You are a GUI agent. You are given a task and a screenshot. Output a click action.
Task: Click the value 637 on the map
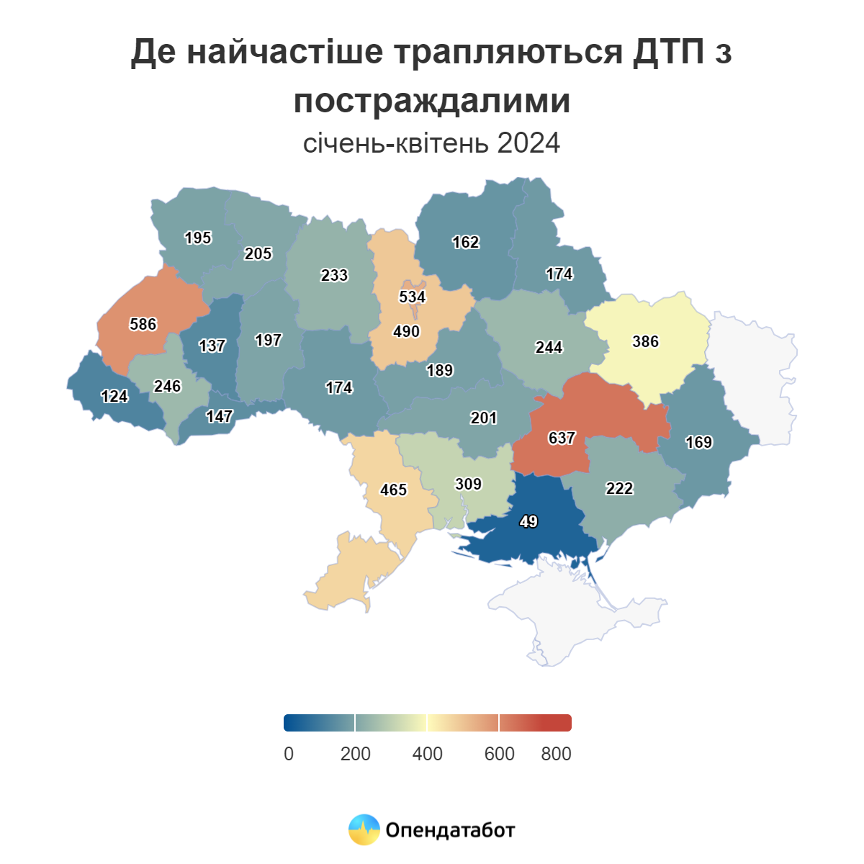coord(562,438)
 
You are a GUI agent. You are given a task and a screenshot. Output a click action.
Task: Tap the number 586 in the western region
coord(143,324)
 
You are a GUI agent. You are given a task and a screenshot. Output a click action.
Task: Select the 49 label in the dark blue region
coord(528,521)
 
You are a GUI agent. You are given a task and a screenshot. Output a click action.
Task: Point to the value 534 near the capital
coord(413,297)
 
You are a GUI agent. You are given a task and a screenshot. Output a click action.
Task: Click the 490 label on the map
coord(406,331)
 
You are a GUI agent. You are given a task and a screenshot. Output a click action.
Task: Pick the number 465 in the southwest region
coord(394,490)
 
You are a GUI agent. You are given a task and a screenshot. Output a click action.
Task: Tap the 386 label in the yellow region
coord(645,341)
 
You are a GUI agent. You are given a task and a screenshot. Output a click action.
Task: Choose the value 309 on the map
coord(468,484)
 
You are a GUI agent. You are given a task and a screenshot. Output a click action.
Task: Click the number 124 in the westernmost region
coord(114,396)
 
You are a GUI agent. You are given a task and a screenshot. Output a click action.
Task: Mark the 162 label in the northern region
coord(465,242)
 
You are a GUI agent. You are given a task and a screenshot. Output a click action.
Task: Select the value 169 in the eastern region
coord(698,442)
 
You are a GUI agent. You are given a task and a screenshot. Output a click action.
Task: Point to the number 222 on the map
coord(619,488)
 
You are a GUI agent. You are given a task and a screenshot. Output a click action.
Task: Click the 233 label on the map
coord(334,275)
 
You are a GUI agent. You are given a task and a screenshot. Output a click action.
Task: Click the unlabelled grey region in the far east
coord(756,374)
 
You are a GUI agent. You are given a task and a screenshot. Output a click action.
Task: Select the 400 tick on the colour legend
coord(427,754)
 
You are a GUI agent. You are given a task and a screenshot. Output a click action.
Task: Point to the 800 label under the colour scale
coord(556,754)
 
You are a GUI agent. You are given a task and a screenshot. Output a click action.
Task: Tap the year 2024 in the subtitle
coord(528,143)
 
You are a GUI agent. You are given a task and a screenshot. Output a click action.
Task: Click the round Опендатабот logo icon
coord(364,829)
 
